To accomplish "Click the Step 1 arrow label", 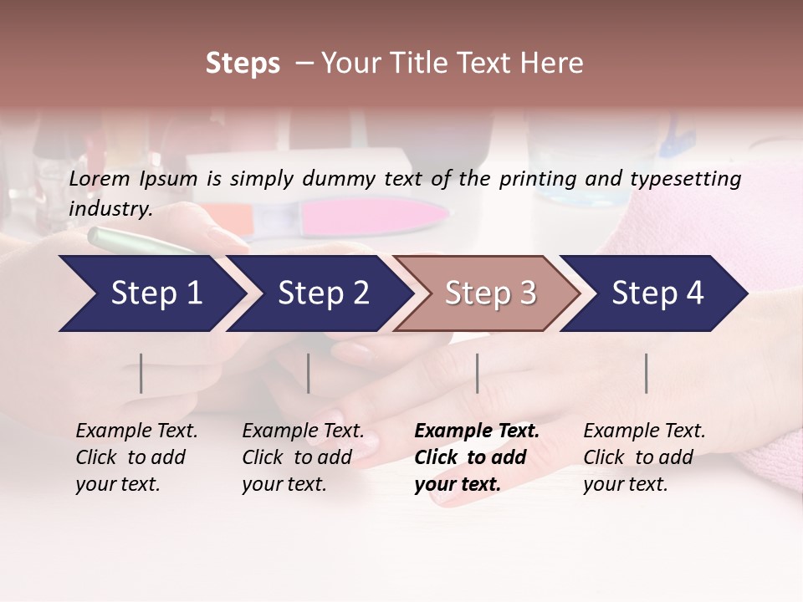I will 156,293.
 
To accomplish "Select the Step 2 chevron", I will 323,293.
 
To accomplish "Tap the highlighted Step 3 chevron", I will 490,293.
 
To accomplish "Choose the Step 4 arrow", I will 657,293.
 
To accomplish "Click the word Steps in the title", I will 243,64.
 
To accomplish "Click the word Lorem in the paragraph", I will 99,179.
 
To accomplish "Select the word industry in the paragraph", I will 110,209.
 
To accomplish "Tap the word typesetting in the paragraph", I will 688,179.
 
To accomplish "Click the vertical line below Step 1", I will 141,373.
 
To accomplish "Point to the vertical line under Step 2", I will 309,373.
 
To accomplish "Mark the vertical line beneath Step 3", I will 477,373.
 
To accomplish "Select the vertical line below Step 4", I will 646,373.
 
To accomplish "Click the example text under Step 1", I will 136,457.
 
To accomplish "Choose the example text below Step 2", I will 303,457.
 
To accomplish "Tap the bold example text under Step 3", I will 477,457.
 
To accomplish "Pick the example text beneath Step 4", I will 644,457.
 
